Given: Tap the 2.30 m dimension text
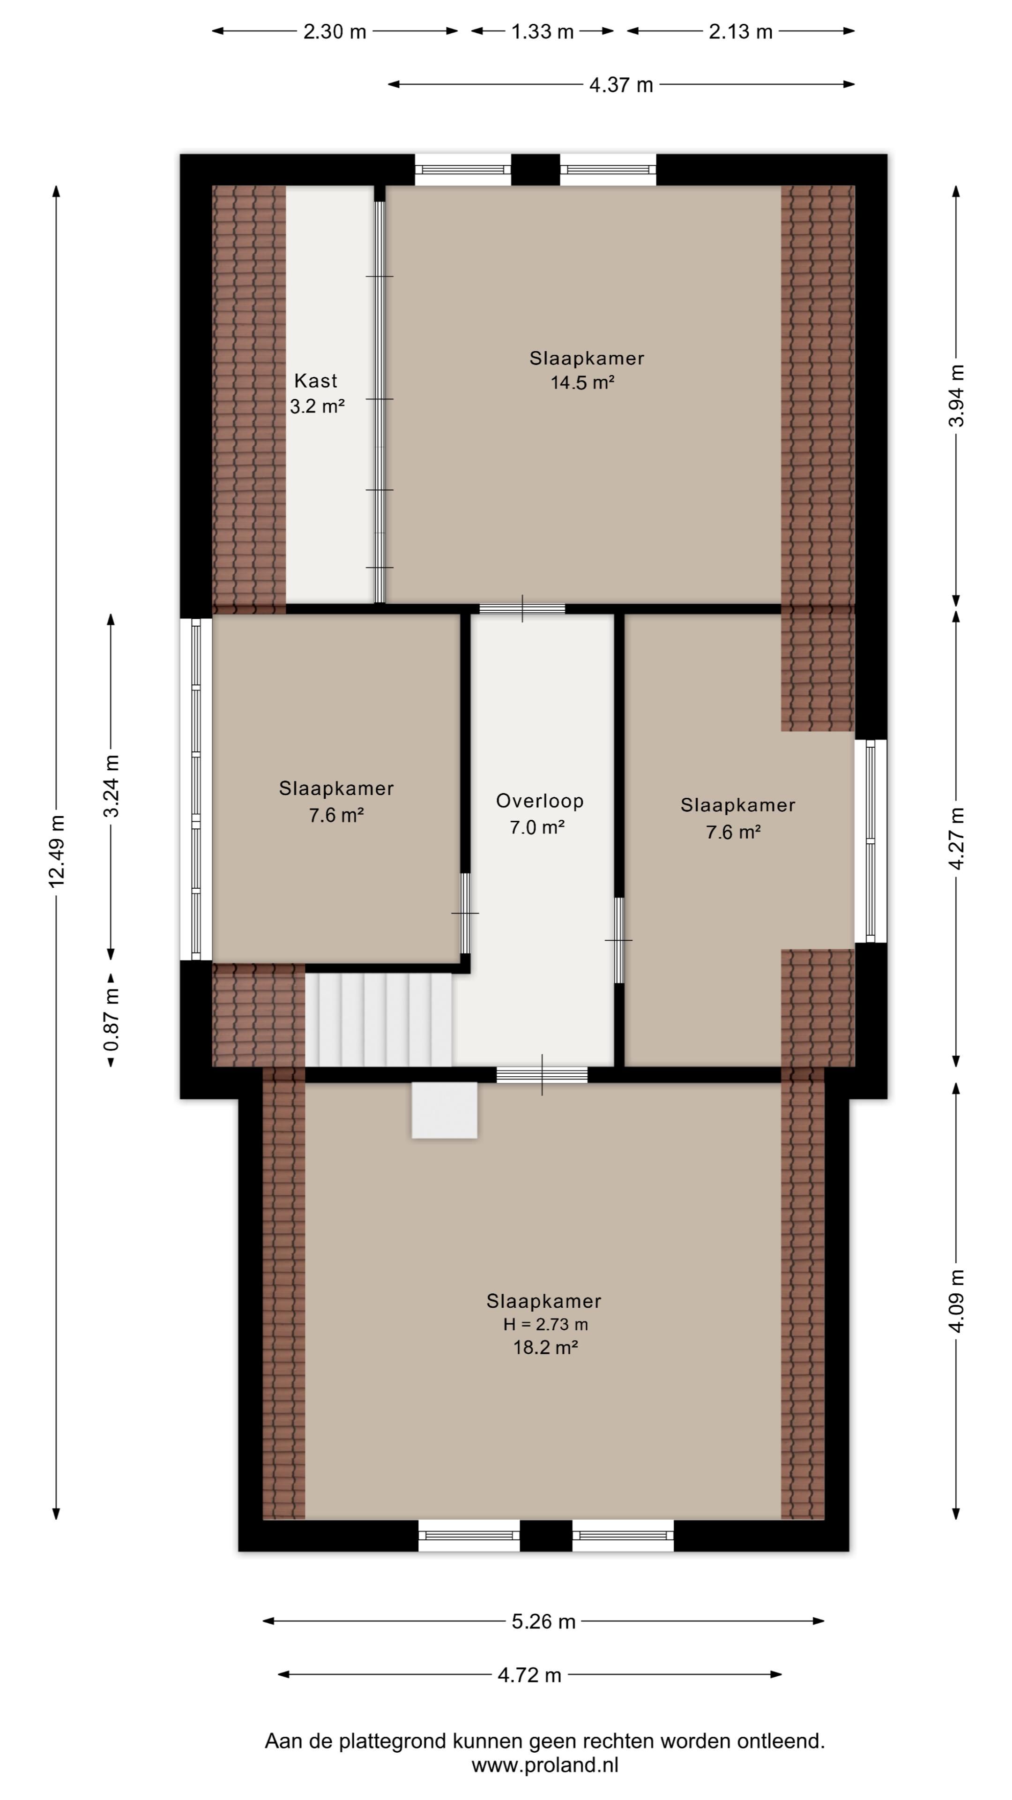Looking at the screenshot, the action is coord(335,31).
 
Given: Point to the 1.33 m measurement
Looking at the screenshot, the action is coord(542,31).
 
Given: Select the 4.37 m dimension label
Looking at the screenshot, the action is coord(621,84).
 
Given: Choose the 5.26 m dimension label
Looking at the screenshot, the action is coord(543,1621).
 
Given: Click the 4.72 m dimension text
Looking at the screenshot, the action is coord(529,1675).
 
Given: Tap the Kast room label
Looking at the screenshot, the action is coord(316,381).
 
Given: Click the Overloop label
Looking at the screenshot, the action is coord(540,801).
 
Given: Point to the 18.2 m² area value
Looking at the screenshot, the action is coord(545,1347).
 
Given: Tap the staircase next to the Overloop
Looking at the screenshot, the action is coord(379,1020).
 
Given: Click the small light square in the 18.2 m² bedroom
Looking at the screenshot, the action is coord(444,1110).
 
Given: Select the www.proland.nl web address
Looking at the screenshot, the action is coord(545,1765).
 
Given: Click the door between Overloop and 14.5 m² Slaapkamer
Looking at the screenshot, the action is coord(522,608).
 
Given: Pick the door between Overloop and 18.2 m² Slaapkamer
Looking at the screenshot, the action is coord(542,1075).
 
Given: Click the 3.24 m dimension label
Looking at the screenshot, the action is coord(111,786).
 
